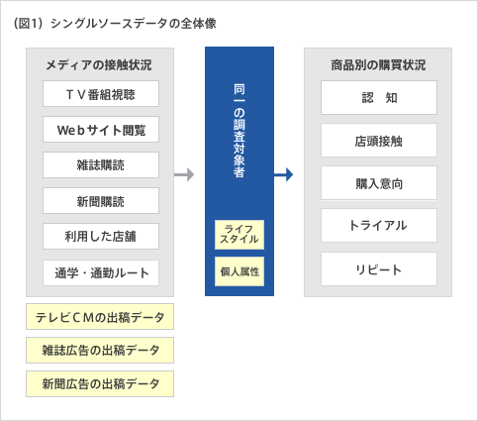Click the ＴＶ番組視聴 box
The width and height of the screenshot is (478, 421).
101,94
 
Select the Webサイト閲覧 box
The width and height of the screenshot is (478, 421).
101,130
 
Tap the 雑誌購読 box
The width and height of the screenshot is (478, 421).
101,165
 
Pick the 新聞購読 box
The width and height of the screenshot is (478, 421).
101,201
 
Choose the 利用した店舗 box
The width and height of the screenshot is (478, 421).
101,237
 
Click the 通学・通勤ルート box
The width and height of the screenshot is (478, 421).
101,272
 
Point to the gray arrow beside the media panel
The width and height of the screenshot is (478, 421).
184,174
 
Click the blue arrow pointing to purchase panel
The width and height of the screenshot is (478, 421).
283,174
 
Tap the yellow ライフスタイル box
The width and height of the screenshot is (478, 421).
239,235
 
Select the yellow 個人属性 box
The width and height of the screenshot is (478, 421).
239,271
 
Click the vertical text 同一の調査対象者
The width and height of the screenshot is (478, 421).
239,131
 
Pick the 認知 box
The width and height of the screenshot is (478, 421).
379,98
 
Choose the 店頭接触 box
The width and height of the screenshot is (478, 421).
379,141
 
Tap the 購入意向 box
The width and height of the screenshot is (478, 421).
379,183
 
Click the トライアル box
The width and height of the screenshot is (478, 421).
379,225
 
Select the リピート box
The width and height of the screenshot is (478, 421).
379,269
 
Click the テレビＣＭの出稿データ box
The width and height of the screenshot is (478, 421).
100,317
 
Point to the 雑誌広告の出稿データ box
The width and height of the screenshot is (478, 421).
100,351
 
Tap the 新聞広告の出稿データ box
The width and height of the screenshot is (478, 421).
100,384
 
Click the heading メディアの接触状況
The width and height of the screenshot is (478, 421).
99,64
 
